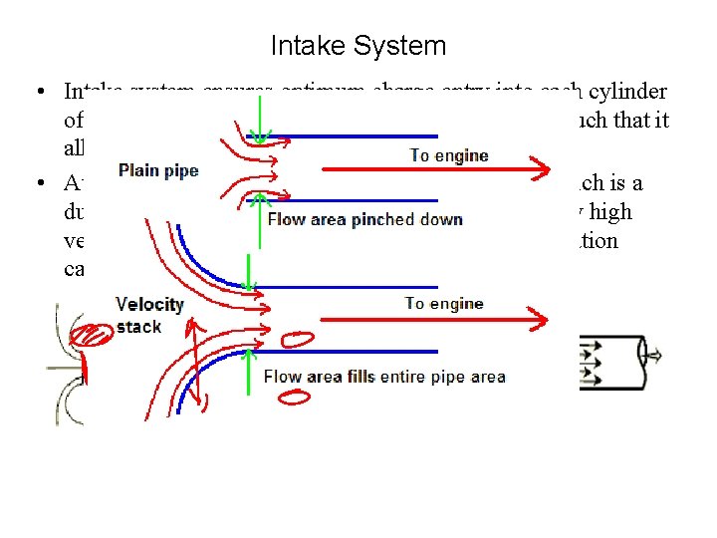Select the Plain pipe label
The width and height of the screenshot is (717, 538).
tap(158, 171)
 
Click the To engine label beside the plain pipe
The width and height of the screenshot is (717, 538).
tap(448, 155)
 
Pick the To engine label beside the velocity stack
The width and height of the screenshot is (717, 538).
tap(443, 304)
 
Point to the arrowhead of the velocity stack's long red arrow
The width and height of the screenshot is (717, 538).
tap(539, 320)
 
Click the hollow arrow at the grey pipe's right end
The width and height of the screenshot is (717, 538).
tap(655, 355)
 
